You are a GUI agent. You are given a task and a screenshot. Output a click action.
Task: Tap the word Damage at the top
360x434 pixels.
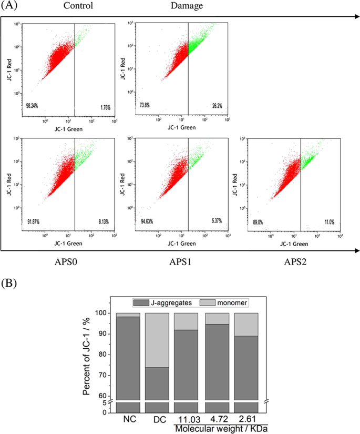tap(186, 6)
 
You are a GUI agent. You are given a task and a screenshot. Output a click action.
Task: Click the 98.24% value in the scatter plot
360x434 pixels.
tap(34, 106)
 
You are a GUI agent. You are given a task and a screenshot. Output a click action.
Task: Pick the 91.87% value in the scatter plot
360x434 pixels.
tap(34, 221)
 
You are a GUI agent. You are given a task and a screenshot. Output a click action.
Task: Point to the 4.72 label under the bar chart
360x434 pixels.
tap(216, 419)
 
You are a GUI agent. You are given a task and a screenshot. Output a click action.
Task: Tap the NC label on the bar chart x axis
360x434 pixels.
tap(128, 420)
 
